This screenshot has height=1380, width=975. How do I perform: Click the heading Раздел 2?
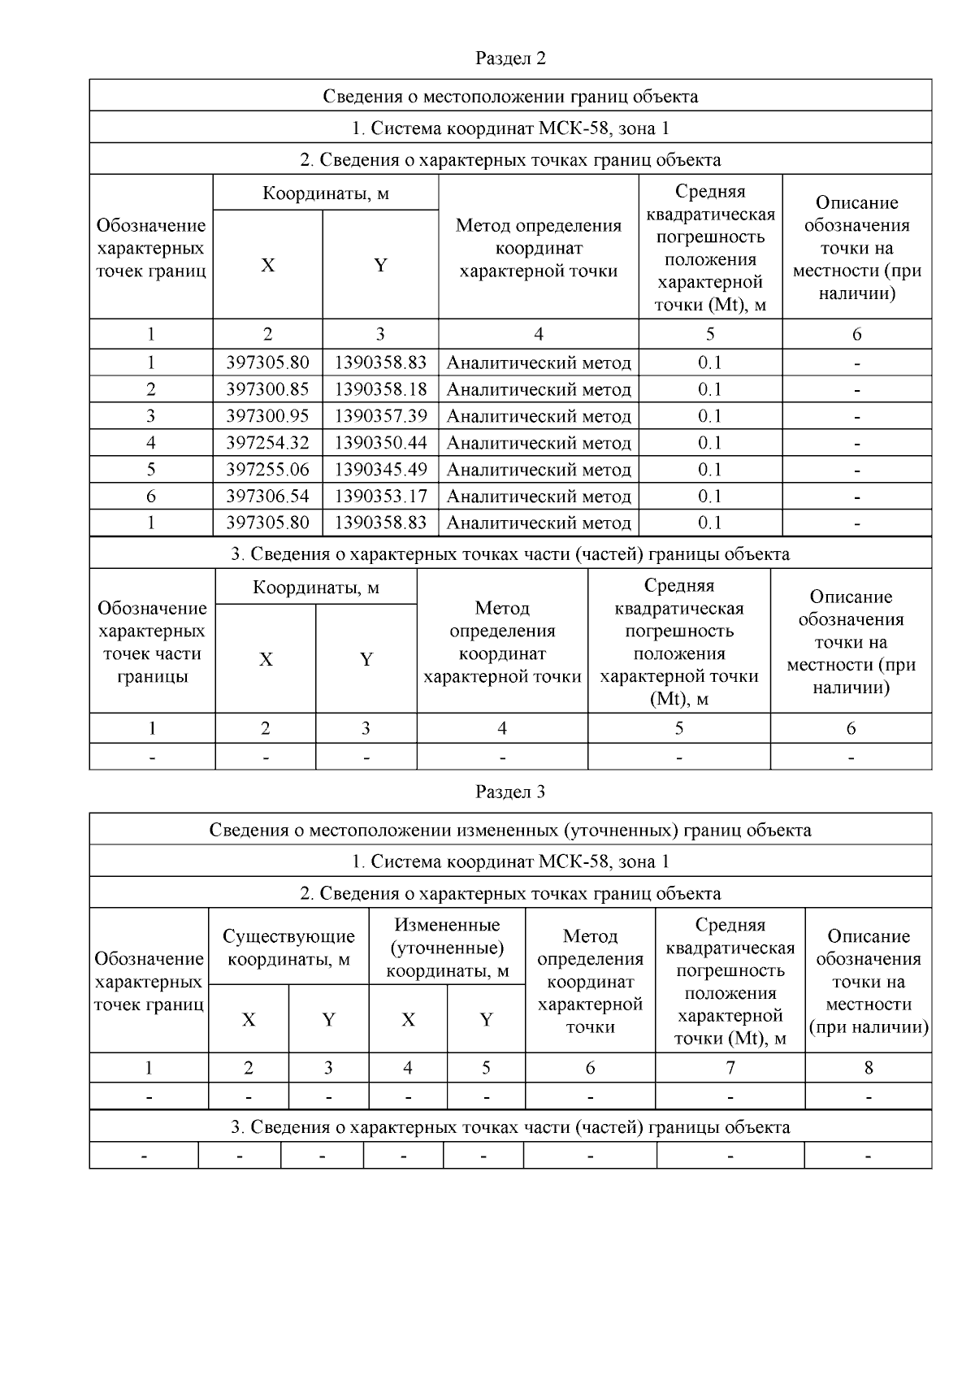pyautogui.click(x=510, y=59)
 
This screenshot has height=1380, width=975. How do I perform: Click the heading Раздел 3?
pyautogui.click(x=510, y=792)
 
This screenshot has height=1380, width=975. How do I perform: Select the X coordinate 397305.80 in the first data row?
pyautogui.click(x=267, y=362)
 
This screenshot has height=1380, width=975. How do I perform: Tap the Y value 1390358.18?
pyautogui.click(x=380, y=389)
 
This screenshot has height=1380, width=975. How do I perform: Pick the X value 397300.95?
pyautogui.click(x=267, y=416)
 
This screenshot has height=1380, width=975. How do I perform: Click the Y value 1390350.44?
pyautogui.click(x=380, y=443)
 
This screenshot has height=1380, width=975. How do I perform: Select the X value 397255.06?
pyautogui.click(x=267, y=470)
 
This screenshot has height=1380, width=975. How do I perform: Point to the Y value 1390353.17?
pyautogui.click(x=380, y=496)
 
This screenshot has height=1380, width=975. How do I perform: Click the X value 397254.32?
pyautogui.click(x=267, y=443)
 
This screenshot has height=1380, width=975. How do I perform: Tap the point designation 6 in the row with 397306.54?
pyautogui.click(x=151, y=496)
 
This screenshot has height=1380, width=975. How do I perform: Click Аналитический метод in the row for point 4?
pyautogui.click(x=539, y=443)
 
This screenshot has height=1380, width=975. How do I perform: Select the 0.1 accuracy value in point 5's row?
pyautogui.click(x=710, y=470)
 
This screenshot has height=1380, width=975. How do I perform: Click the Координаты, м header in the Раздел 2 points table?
pyautogui.click(x=325, y=193)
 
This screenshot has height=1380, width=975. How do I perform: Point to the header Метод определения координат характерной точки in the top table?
pyautogui.click(x=539, y=248)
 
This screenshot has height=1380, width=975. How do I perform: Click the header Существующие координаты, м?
pyautogui.click(x=288, y=948)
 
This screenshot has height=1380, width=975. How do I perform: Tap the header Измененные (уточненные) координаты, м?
pyautogui.click(x=447, y=948)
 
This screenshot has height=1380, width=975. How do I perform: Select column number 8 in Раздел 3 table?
pyautogui.click(x=868, y=1068)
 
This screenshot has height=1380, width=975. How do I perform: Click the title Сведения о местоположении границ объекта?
pyautogui.click(x=510, y=97)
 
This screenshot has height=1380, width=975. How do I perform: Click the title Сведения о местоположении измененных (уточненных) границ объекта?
pyautogui.click(x=510, y=830)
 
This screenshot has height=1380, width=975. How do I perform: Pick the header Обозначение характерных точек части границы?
pyautogui.click(x=152, y=642)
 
